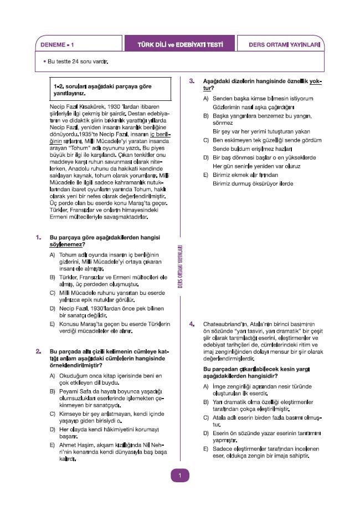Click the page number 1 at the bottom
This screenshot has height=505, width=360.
pos(179,475)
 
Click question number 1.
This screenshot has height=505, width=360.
pos(38,237)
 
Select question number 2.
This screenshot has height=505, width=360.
pos(38,351)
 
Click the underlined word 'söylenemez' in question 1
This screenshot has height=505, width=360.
pos(67,244)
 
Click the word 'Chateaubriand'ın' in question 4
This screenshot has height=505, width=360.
pos(224,323)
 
